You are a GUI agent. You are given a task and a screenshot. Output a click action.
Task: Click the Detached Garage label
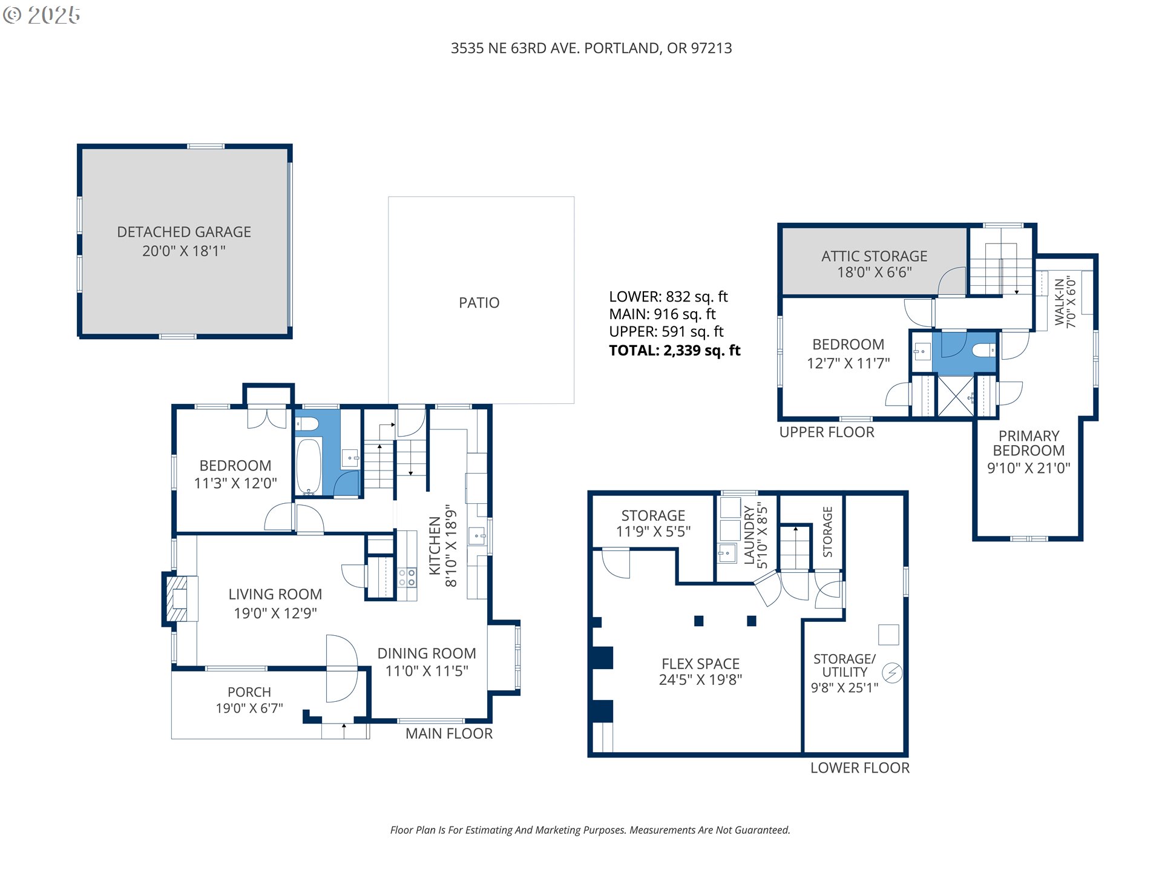click(184, 241)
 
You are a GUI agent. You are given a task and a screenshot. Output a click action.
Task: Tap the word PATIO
click(479, 303)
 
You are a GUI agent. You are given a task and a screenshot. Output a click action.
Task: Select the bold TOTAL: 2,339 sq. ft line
click(675, 350)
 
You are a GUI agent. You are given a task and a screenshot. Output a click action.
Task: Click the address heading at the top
click(591, 48)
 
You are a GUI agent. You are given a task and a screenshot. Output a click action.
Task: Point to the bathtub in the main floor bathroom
click(309, 466)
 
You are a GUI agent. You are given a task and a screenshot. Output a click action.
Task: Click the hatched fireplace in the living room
click(177, 598)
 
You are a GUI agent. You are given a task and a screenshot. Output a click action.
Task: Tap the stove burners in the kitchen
click(407, 577)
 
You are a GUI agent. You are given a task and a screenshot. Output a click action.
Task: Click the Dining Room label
click(427, 653)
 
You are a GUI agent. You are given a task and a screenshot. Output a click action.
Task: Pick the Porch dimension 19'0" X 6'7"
click(249, 708)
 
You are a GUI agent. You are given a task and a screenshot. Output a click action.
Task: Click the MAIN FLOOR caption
click(449, 733)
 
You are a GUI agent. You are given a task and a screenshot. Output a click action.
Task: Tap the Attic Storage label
click(875, 264)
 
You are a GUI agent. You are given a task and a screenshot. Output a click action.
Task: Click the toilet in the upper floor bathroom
click(984, 350)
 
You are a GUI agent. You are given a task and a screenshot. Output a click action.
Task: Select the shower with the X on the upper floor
click(956, 396)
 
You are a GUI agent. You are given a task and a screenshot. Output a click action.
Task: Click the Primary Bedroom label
click(1029, 452)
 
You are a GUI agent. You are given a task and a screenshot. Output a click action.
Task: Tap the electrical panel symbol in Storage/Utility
click(892, 673)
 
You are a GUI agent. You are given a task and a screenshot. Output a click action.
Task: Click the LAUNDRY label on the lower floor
click(749, 535)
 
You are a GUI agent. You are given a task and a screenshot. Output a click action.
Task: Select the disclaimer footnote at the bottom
click(590, 830)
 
